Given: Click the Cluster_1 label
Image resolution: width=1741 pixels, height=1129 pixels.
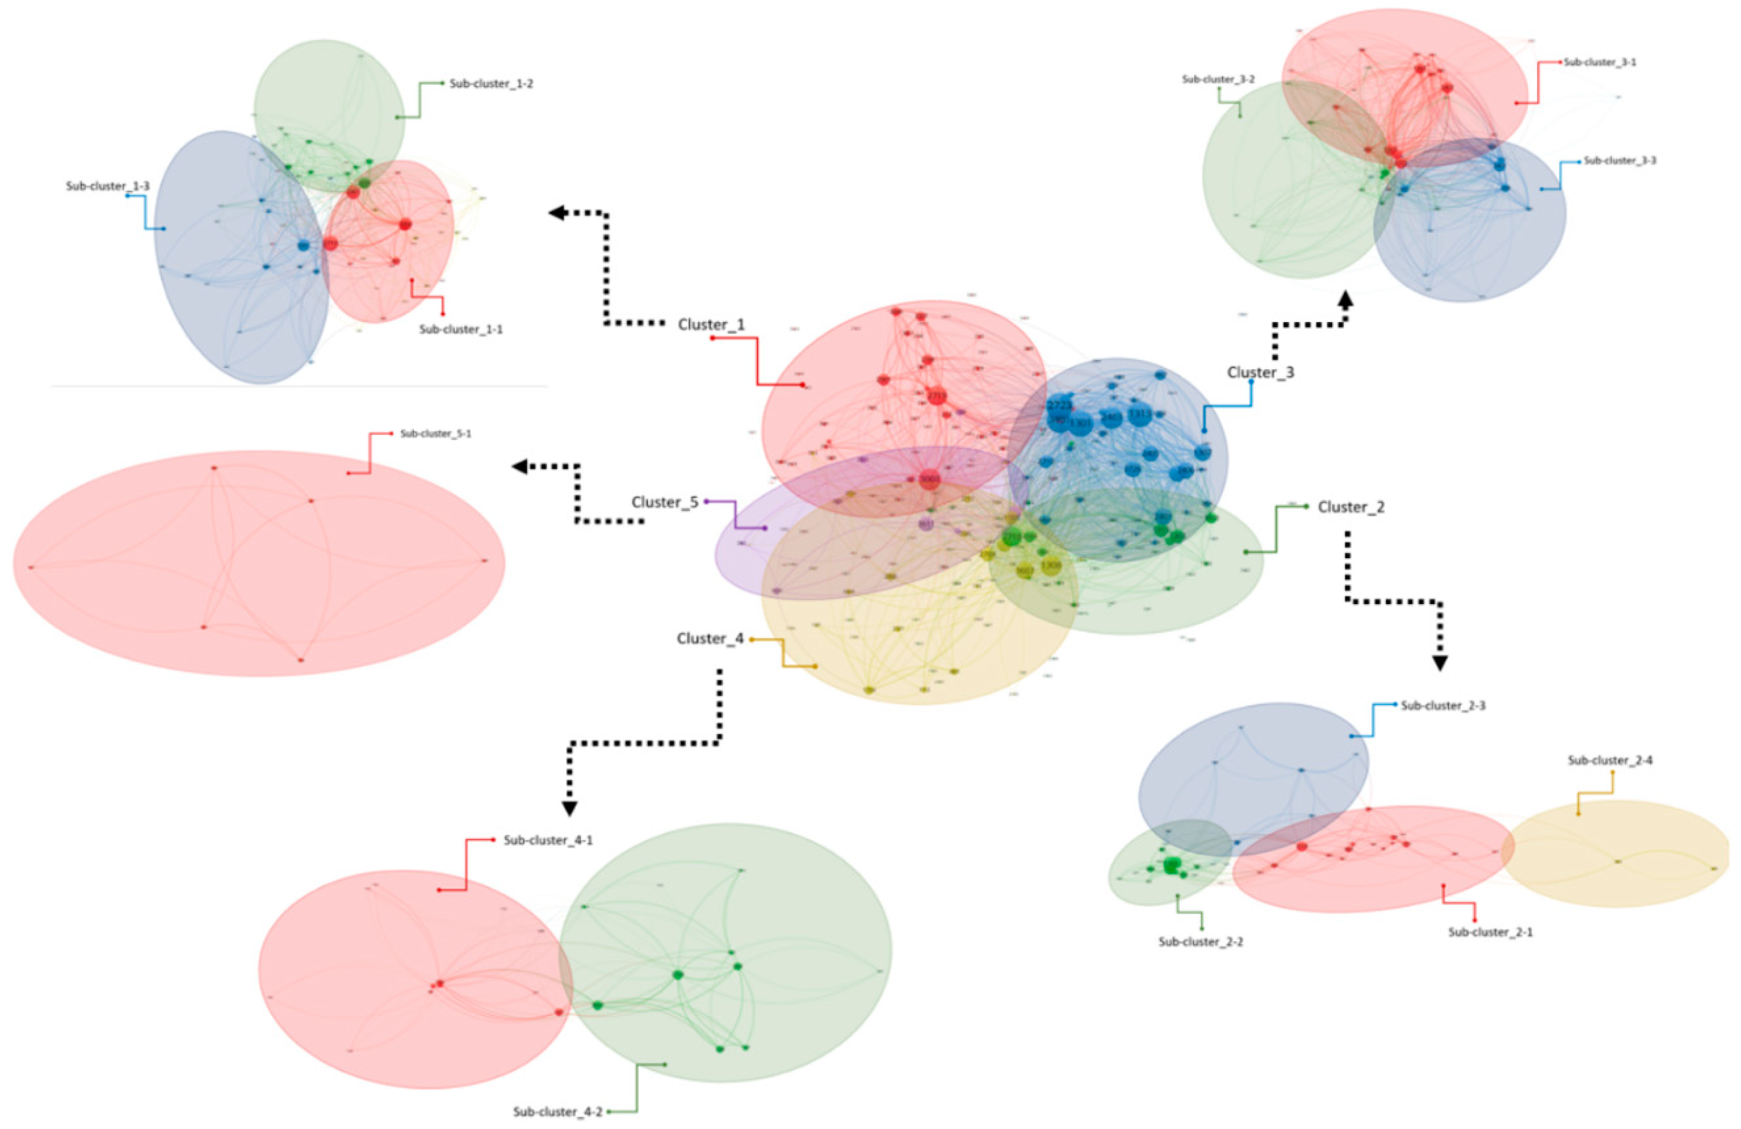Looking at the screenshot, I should (711, 324).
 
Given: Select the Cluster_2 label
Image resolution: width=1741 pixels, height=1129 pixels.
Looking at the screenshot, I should (1350, 507).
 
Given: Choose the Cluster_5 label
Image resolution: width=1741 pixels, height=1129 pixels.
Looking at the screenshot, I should (664, 502).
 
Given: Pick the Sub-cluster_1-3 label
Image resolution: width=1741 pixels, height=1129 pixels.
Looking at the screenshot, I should (108, 186).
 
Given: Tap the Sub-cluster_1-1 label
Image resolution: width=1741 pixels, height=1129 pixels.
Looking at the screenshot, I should (461, 329).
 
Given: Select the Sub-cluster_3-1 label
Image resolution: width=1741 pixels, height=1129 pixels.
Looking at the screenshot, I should (1600, 62).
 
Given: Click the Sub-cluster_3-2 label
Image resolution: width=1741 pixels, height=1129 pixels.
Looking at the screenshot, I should (1218, 79).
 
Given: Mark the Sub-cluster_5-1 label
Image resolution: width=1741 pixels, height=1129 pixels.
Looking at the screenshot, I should (435, 433).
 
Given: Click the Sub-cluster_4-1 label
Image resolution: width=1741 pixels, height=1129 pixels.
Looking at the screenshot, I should (548, 840).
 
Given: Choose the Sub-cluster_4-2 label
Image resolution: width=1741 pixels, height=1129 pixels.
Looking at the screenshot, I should (557, 1112).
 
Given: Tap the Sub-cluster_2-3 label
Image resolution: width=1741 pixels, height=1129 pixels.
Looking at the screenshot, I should (1443, 706).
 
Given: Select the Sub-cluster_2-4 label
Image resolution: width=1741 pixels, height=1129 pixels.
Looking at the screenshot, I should (1609, 761).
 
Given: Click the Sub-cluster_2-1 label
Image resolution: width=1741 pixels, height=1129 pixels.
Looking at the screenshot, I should (1490, 932).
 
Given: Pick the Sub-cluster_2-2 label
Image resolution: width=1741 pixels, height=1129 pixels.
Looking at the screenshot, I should (1201, 942).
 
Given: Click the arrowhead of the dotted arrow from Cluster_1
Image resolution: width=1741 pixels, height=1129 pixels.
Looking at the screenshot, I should (557, 213).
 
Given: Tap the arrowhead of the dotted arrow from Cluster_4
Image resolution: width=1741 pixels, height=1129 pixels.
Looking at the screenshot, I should (570, 808).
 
